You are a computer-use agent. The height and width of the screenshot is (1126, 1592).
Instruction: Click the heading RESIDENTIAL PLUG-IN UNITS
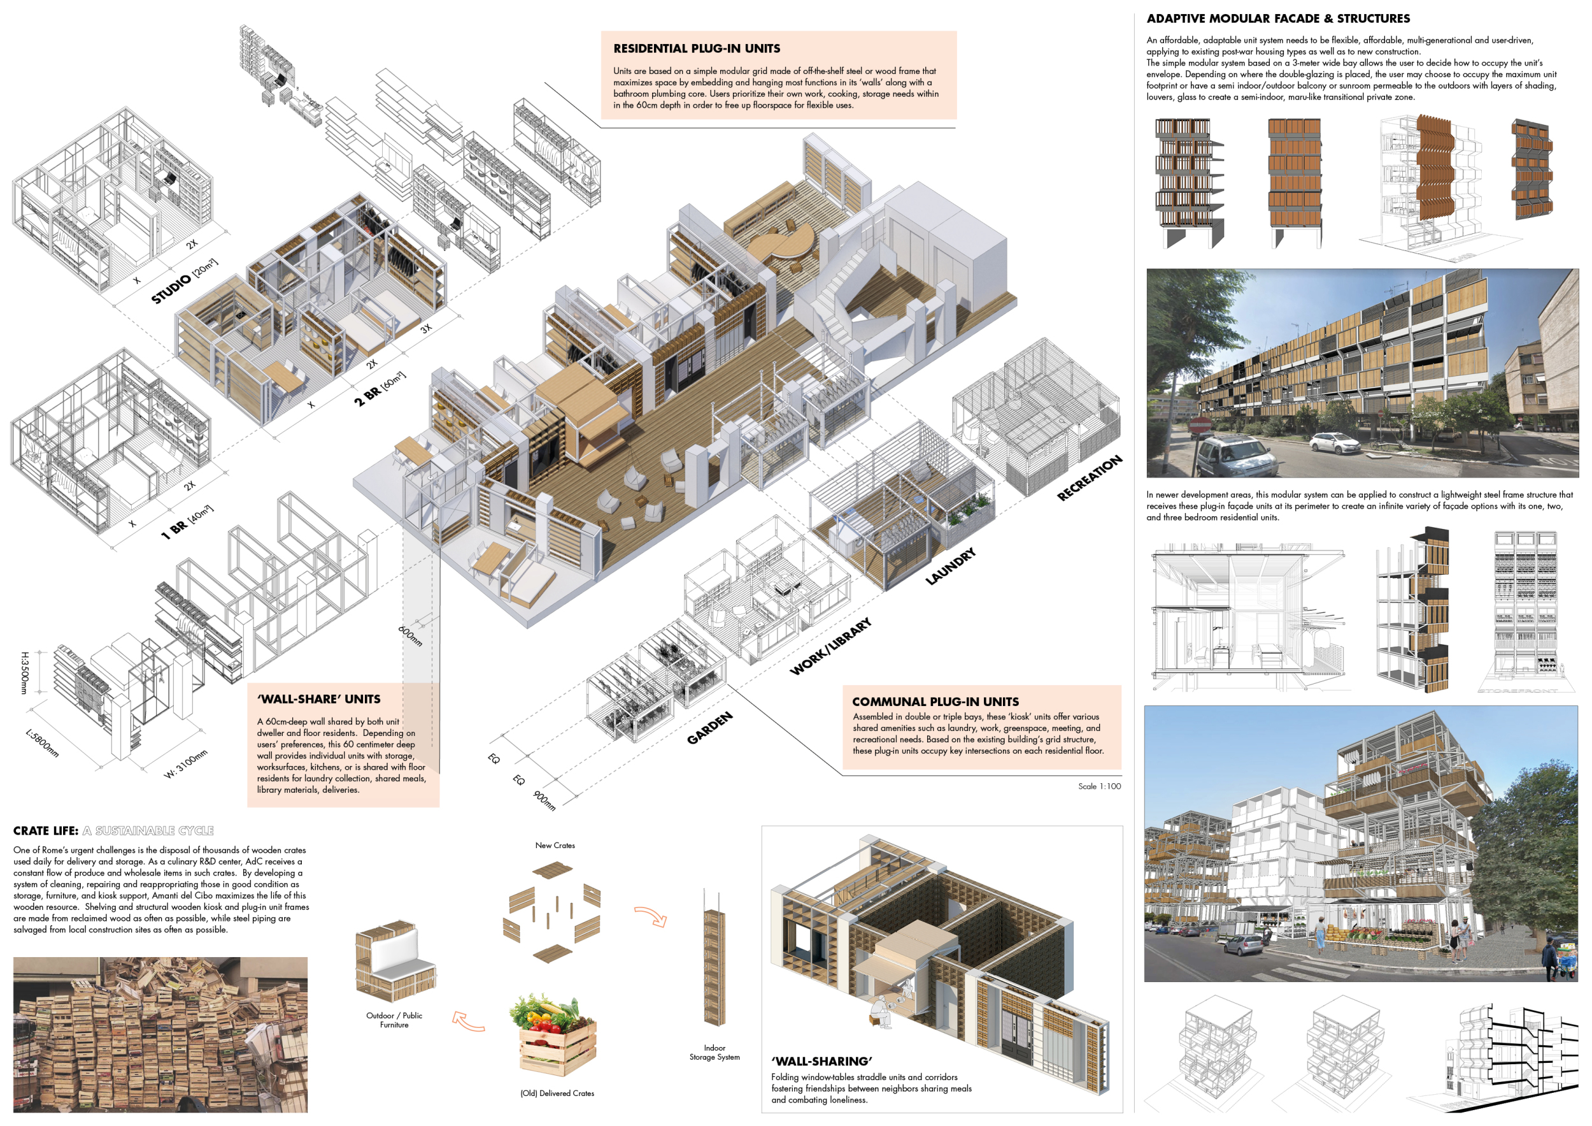(x=696, y=48)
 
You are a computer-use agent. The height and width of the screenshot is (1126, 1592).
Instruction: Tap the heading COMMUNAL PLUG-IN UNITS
(x=935, y=702)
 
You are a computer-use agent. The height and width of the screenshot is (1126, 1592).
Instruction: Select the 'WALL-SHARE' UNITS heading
(x=318, y=698)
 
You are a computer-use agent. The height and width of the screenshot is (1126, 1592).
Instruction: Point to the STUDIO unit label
(x=183, y=281)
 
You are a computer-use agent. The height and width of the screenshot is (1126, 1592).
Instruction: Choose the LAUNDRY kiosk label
(x=951, y=565)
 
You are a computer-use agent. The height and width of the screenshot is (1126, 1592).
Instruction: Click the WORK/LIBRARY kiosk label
(x=830, y=647)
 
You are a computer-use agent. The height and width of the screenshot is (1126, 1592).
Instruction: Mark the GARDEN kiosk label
(x=709, y=728)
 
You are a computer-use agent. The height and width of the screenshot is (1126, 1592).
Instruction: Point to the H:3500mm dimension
(x=25, y=672)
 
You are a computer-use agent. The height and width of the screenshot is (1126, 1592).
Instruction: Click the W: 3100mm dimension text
(x=185, y=764)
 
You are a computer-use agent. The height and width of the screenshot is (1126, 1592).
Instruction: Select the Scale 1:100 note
(x=1099, y=786)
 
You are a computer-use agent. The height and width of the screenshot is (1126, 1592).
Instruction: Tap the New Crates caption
(x=555, y=845)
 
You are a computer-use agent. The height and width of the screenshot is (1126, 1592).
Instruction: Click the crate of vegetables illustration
(x=553, y=1034)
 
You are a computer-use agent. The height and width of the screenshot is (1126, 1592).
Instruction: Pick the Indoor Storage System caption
(x=714, y=1053)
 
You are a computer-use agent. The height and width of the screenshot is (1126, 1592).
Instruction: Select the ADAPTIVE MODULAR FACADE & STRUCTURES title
(x=1278, y=18)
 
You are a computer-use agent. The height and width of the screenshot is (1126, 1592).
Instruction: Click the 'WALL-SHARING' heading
(x=821, y=1061)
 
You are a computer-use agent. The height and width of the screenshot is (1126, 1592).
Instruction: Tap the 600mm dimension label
(x=410, y=635)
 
